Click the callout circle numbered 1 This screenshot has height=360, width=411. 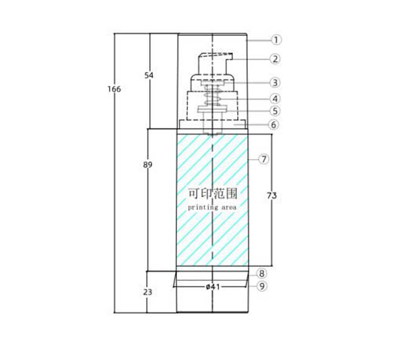pyautogui.click(x=276, y=40)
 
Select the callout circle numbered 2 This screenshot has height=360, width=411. pyautogui.click(x=275, y=59)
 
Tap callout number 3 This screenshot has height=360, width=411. pyautogui.click(x=275, y=83)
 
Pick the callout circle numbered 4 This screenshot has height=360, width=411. pyautogui.click(x=275, y=99)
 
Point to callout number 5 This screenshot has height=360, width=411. pyautogui.click(x=275, y=111)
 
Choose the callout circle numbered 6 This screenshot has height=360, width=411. pyautogui.click(x=274, y=125)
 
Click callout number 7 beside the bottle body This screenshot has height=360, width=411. pyautogui.click(x=264, y=159)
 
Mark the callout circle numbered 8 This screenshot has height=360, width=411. pyautogui.click(x=261, y=274)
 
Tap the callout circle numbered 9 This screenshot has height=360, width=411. pyautogui.click(x=261, y=286)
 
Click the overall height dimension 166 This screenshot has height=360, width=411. pyautogui.click(x=114, y=89)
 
